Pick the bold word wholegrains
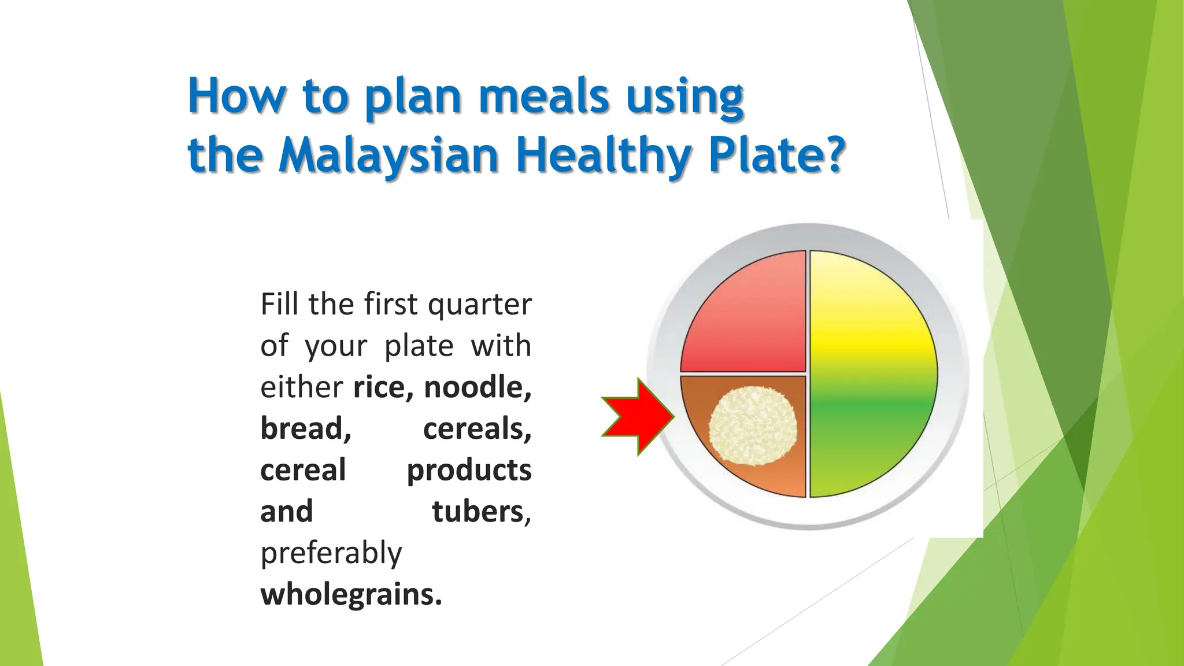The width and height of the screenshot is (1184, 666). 351,594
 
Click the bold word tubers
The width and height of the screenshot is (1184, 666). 479,512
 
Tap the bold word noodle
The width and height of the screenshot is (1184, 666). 478,387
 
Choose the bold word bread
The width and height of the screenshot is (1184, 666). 305,428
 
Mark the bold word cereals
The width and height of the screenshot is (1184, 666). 477,428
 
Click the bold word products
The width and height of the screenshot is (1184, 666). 469,470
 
